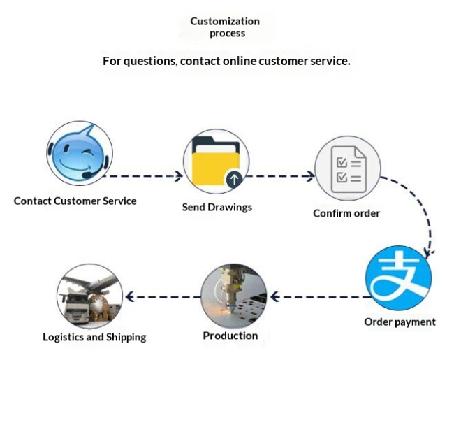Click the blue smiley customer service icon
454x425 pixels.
click(x=80, y=153)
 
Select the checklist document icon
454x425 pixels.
click(x=348, y=168)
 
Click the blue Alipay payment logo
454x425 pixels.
click(x=399, y=278)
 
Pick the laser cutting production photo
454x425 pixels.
click(x=234, y=296)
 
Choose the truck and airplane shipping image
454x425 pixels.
click(x=90, y=296)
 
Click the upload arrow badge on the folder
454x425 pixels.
click(x=234, y=179)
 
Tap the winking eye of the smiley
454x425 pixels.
click(x=87, y=152)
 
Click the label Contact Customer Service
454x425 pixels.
click(x=75, y=201)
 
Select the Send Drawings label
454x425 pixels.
click(x=217, y=207)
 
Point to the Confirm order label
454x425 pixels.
click(x=346, y=213)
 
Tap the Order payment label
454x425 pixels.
click(x=400, y=322)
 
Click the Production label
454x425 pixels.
click(x=230, y=336)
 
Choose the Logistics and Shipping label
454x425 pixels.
click(x=94, y=337)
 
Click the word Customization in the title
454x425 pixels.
click(x=225, y=21)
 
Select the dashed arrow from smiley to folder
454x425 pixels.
click(x=142, y=176)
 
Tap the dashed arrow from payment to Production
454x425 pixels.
click(x=321, y=297)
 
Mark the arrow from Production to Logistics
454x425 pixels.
click(x=163, y=297)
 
